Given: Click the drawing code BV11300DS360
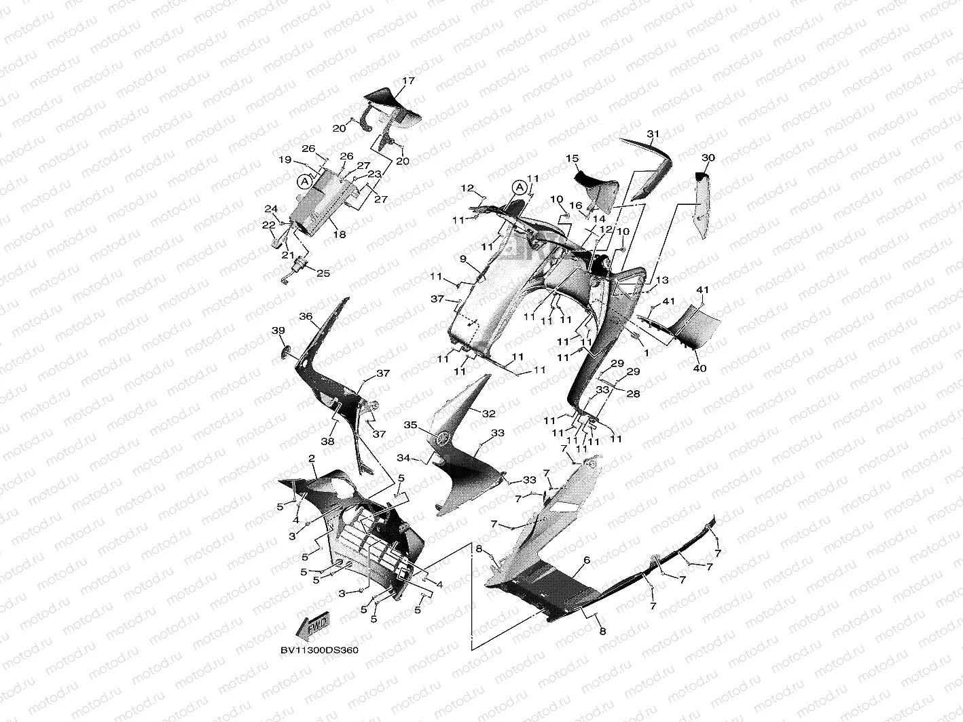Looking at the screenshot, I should click(319, 650).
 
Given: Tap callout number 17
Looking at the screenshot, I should click(408, 81).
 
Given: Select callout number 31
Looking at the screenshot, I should click(653, 134).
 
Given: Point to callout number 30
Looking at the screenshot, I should click(708, 157).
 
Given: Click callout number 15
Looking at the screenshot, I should click(572, 159).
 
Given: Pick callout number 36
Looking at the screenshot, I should click(305, 316).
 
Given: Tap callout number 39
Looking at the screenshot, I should click(278, 330).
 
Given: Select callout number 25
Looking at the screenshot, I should click(323, 273).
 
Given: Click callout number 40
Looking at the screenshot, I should click(699, 368).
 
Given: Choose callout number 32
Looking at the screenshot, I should click(489, 413).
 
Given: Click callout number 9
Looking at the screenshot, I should click(462, 259).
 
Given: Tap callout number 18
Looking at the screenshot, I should click(340, 235).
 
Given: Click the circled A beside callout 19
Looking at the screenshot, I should click(305, 181).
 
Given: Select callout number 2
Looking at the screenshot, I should click(312, 459).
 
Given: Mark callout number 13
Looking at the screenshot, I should click(663, 280).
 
